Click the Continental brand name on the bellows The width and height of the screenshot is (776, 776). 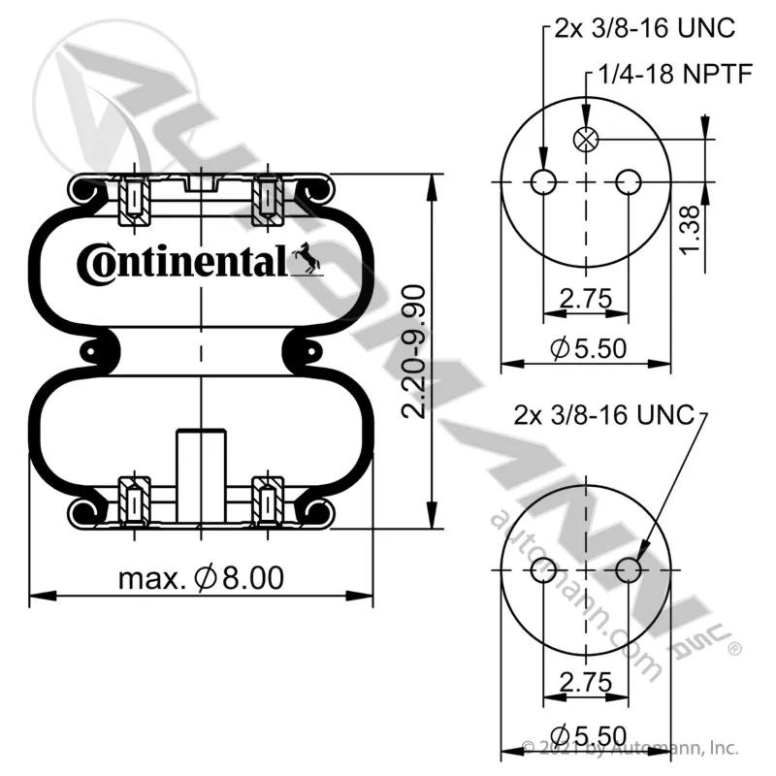click(182, 263)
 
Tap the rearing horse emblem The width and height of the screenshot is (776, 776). click(307, 258)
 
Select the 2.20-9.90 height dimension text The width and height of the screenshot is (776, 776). click(413, 352)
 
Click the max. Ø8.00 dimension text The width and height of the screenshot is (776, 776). click(202, 577)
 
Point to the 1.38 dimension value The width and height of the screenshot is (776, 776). click(690, 230)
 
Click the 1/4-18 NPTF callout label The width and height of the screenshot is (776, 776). click(675, 75)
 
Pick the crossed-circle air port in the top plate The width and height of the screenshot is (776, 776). click(586, 139)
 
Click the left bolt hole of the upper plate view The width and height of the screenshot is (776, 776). click(543, 181)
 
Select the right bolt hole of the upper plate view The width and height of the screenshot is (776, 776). click(629, 181)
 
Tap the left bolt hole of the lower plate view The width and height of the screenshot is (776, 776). click(543, 570)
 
